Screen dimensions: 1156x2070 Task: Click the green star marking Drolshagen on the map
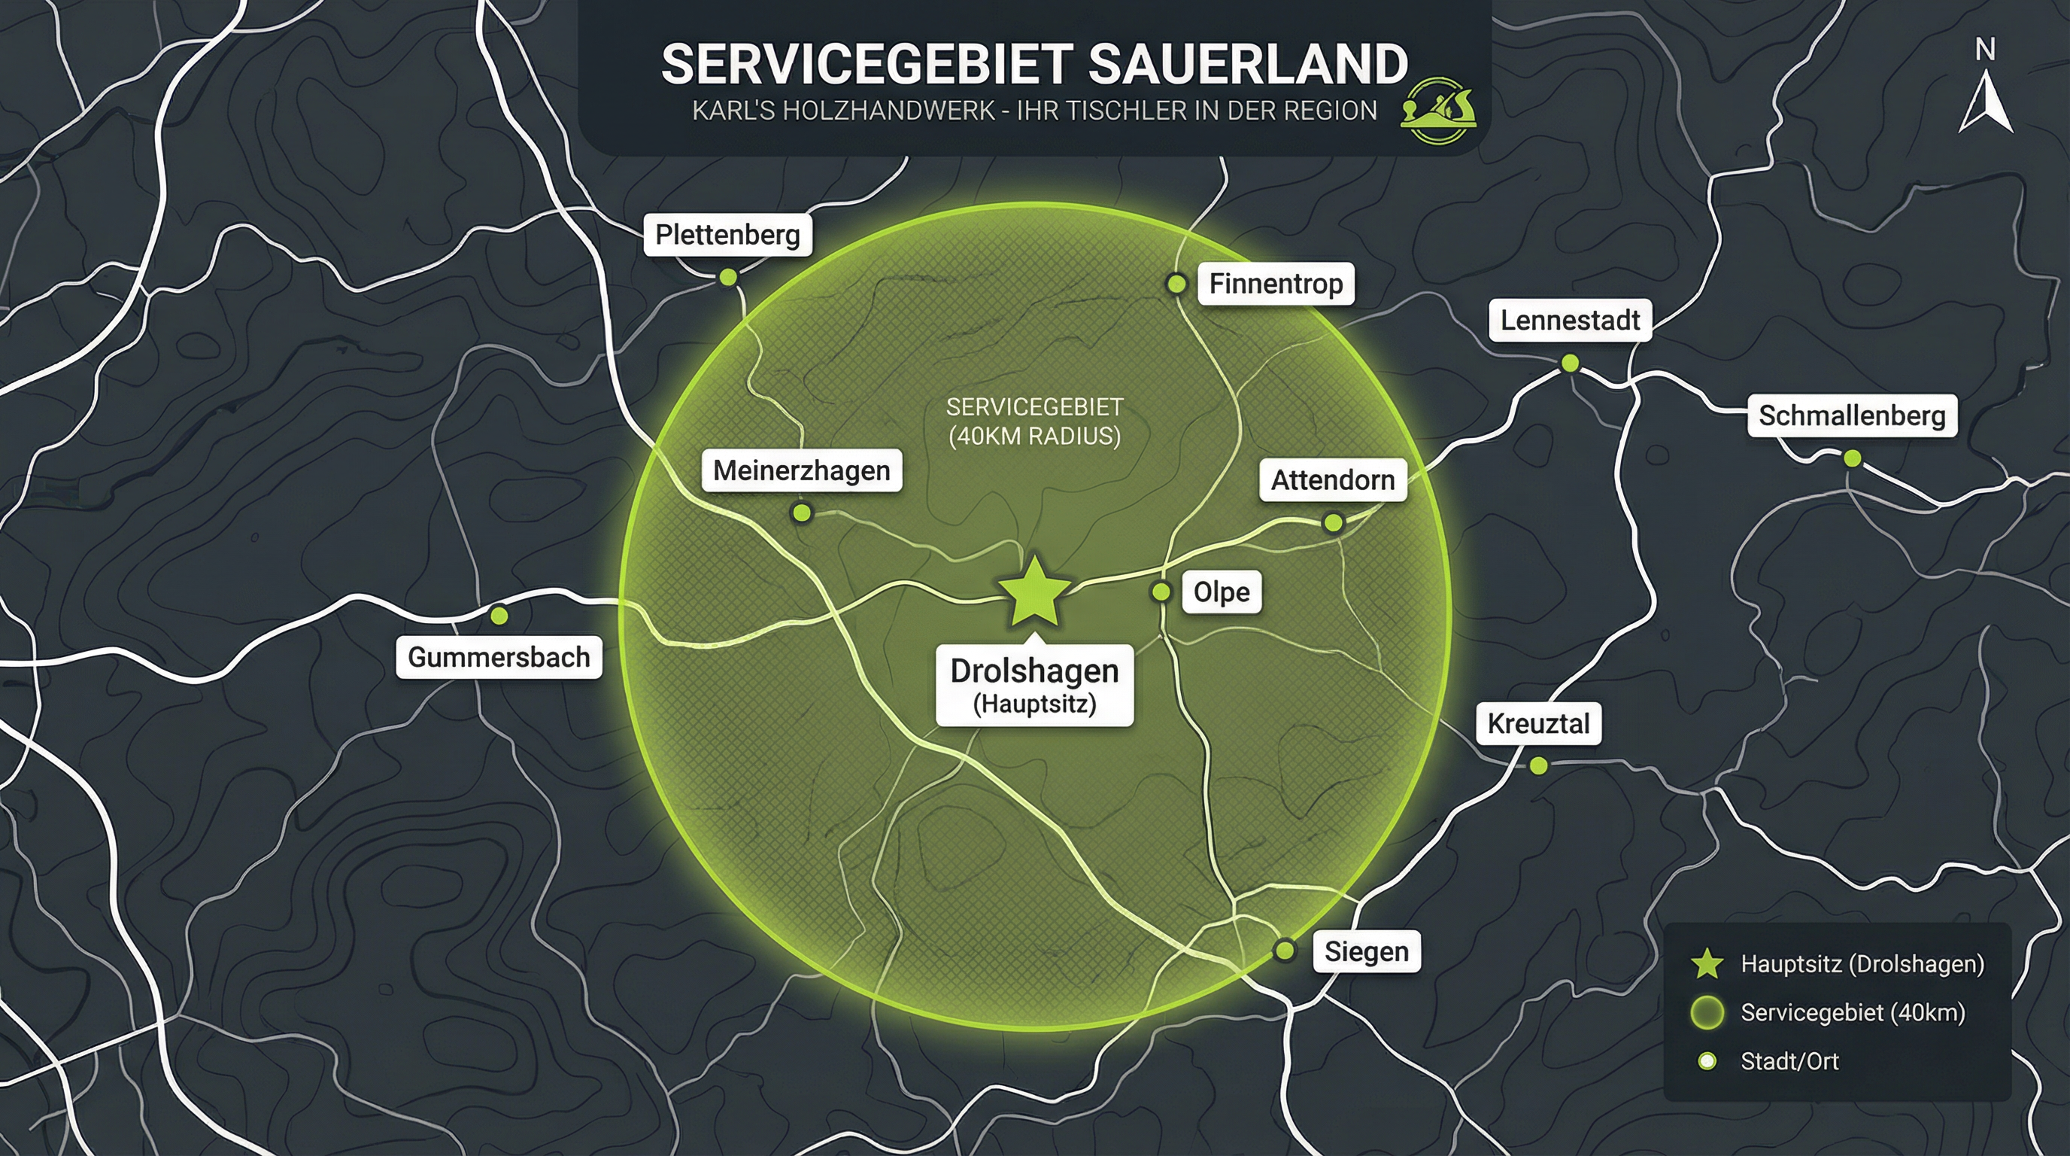(x=1034, y=592)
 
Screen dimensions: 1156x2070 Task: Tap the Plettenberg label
(x=727, y=235)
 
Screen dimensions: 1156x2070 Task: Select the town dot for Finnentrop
(x=1176, y=283)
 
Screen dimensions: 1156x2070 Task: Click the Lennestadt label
(x=1569, y=321)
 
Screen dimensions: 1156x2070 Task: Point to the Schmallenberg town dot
(x=1851, y=458)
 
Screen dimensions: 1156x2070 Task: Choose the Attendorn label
(x=1332, y=480)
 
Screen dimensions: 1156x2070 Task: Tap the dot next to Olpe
(x=1161, y=592)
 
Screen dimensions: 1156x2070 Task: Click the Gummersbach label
(x=498, y=657)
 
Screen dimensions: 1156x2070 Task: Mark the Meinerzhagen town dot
(x=801, y=512)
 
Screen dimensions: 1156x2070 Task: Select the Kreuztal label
(x=1538, y=723)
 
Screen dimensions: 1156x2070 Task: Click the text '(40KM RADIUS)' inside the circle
(x=1034, y=436)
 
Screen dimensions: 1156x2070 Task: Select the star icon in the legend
(x=1707, y=964)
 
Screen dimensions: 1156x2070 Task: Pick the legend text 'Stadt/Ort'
(x=1789, y=1061)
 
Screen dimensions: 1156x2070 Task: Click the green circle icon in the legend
(x=1707, y=1013)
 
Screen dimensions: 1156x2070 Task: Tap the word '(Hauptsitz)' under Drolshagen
(x=1034, y=704)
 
